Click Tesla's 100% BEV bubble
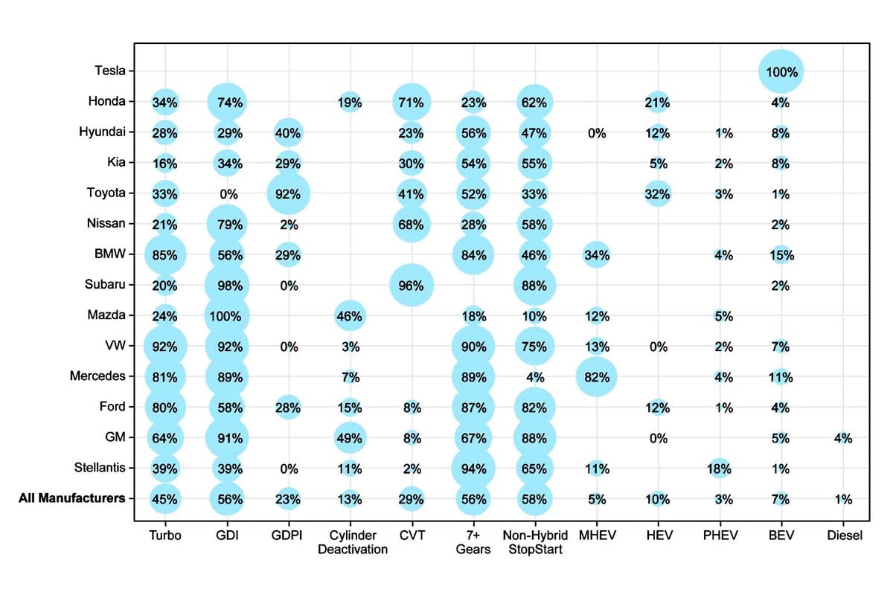pos(781,72)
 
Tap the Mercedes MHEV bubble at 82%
pos(596,377)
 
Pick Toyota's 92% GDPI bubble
pos(288,194)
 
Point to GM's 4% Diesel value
pos(842,438)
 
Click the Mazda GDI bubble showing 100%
pos(228,316)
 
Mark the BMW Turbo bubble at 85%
pos(165,255)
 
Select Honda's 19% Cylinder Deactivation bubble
pos(350,103)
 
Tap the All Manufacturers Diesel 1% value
pos(842,499)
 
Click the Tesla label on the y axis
pos(110,71)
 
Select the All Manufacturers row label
pos(71,498)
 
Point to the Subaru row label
pos(106,285)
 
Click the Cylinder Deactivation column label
pos(353,542)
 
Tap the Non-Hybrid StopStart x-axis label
pos(535,542)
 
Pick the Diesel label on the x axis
pos(844,535)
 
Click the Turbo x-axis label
pos(165,535)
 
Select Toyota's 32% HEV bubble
pos(658,194)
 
